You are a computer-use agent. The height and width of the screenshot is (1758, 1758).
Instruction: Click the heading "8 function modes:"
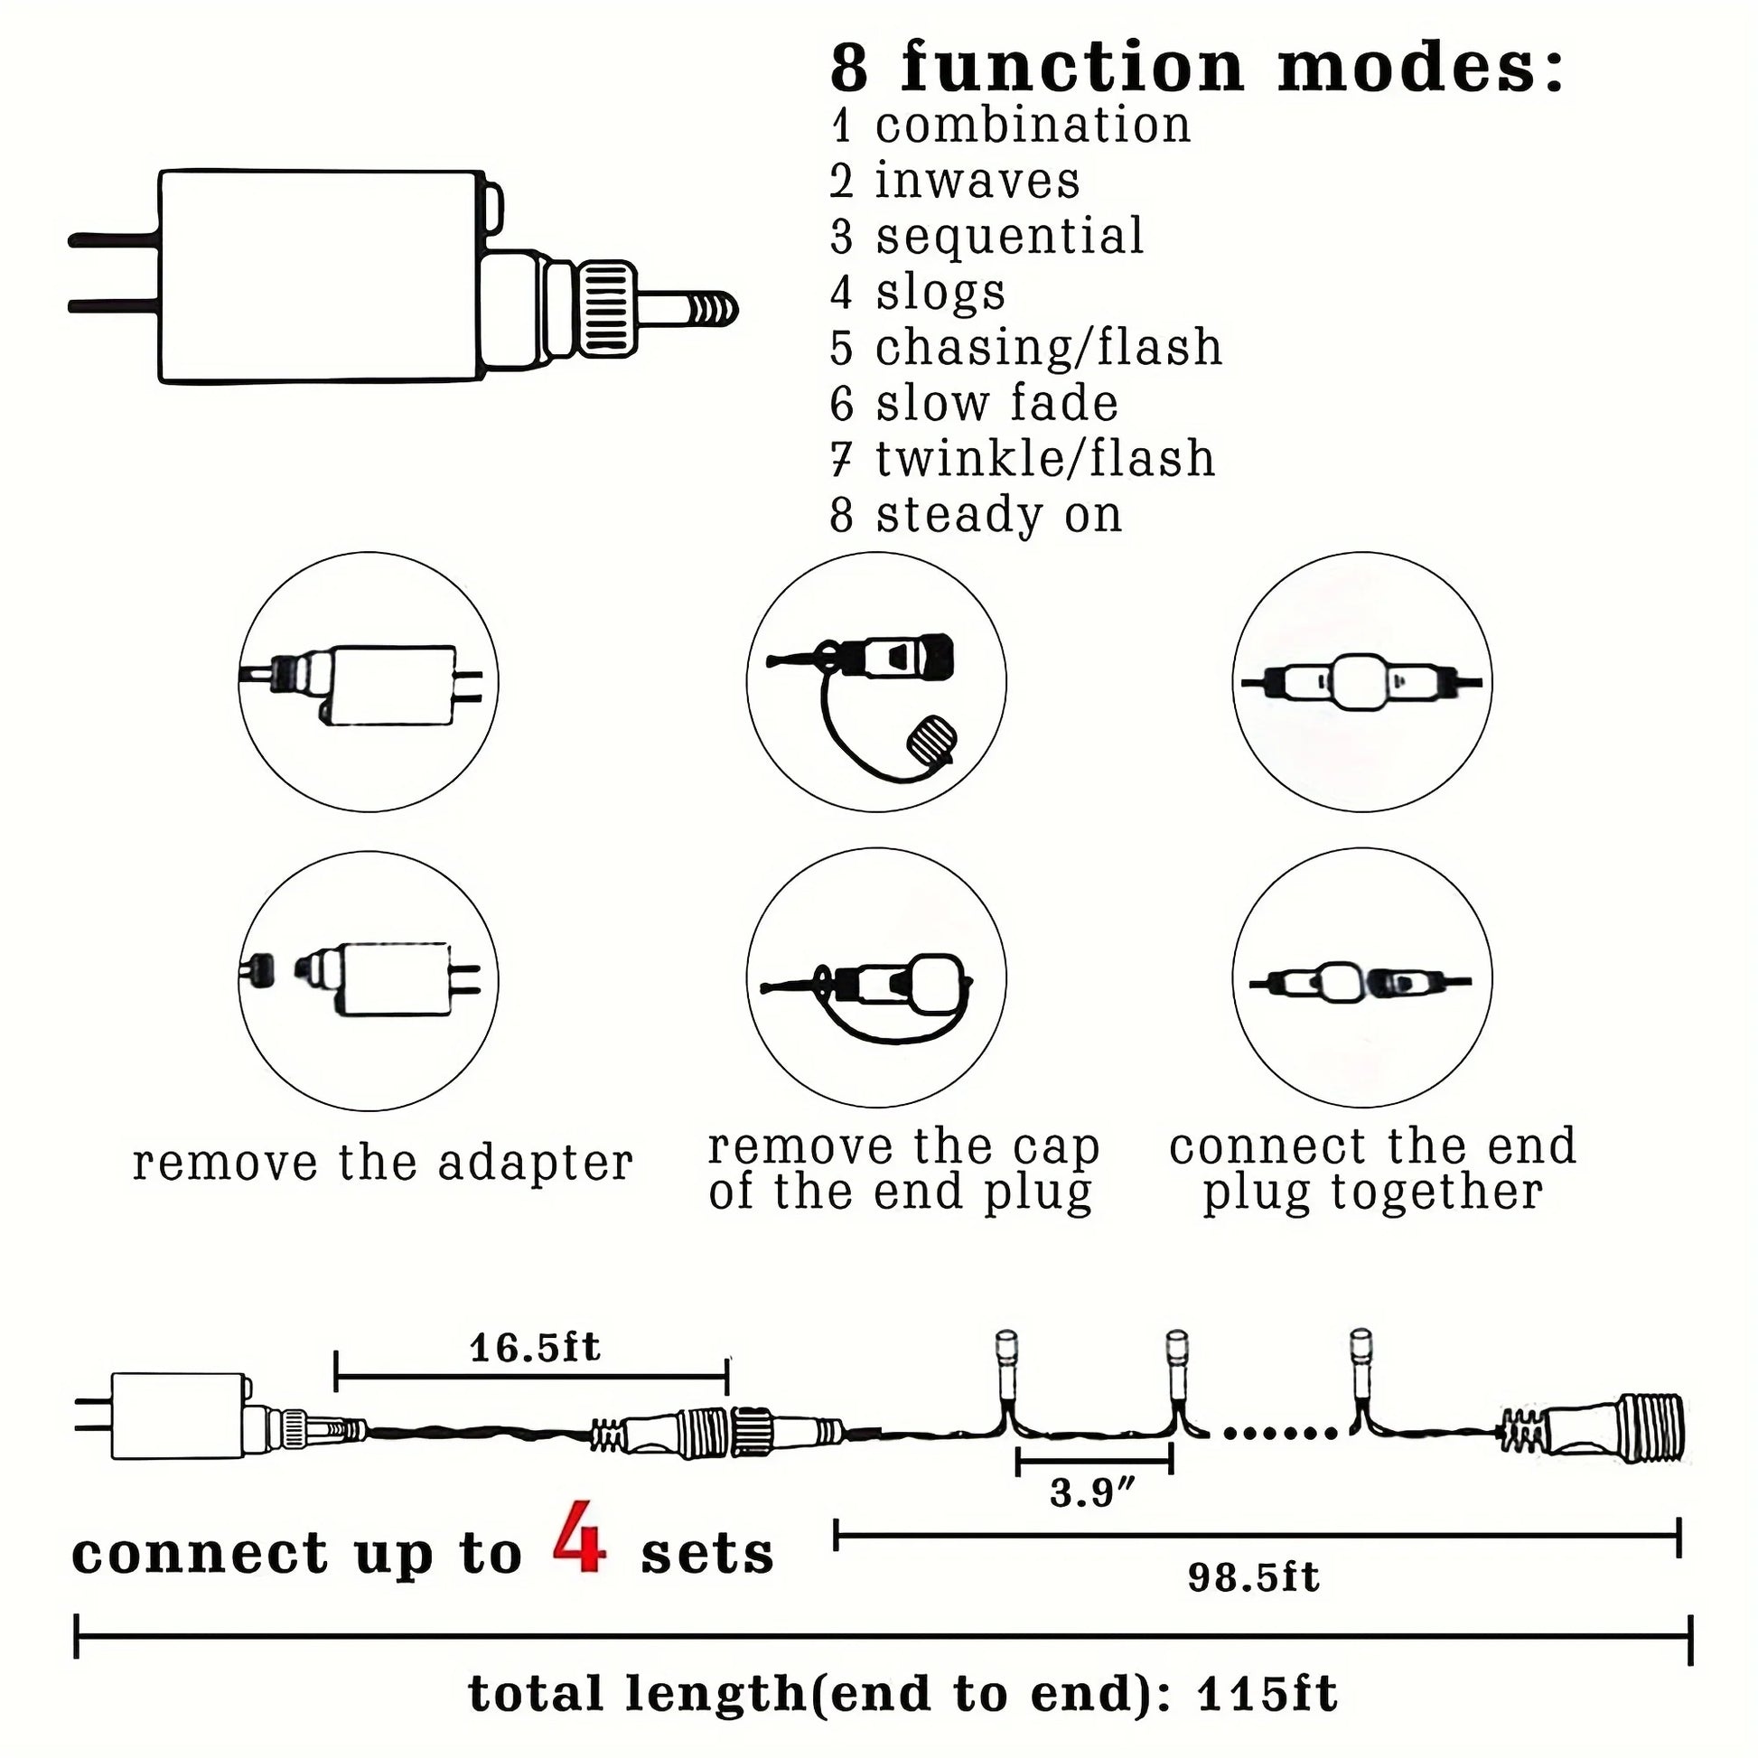click(1197, 69)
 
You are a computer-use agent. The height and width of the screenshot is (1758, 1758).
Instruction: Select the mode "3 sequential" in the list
click(987, 236)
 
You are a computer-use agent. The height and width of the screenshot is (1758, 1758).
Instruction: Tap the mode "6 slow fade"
click(974, 403)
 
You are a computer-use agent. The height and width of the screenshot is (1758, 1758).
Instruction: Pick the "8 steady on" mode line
click(976, 515)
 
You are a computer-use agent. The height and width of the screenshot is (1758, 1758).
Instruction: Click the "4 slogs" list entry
click(917, 292)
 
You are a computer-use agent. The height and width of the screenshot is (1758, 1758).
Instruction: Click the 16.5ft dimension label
click(535, 1348)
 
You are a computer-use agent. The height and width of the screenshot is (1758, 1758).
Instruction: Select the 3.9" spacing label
click(1093, 1493)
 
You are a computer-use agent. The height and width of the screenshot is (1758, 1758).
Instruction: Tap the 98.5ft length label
click(1253, 1578)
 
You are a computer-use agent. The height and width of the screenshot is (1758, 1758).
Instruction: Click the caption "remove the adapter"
click(383, 1163)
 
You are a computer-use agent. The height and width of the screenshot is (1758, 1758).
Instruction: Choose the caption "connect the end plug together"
click(1373, 1169)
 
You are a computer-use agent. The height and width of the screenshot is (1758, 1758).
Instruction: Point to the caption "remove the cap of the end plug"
click(903, 1169)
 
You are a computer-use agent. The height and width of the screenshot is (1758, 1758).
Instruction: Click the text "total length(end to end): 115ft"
click(902, 1694)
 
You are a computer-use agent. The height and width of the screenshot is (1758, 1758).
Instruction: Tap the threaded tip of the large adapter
click(710, 310)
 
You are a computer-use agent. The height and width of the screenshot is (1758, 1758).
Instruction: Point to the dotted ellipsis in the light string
click(1280, 1433)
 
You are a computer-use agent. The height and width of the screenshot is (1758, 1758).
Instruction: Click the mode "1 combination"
click(1010, 125)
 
